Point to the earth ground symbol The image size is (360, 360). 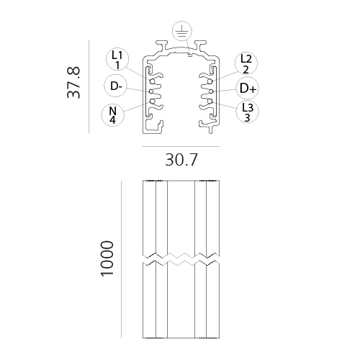coord(182,32)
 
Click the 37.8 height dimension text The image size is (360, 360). coord(73,82)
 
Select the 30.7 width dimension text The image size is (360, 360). coord(181,160)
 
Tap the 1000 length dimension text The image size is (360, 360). coord(107,259)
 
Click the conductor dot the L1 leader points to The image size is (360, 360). coord(152,81)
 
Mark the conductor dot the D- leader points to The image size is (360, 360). coord(151,91)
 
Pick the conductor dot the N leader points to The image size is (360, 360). coord(152,102)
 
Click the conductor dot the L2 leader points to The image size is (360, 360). coord(210,81)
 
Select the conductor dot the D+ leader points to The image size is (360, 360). coord(212,91)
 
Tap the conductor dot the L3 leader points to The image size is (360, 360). coord(210,102)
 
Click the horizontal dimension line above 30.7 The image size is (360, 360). coord(181,146)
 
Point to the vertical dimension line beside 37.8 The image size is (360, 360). coord(89,87)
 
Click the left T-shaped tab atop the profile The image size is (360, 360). coord(161,45)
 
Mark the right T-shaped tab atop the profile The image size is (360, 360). coord(200,45)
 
